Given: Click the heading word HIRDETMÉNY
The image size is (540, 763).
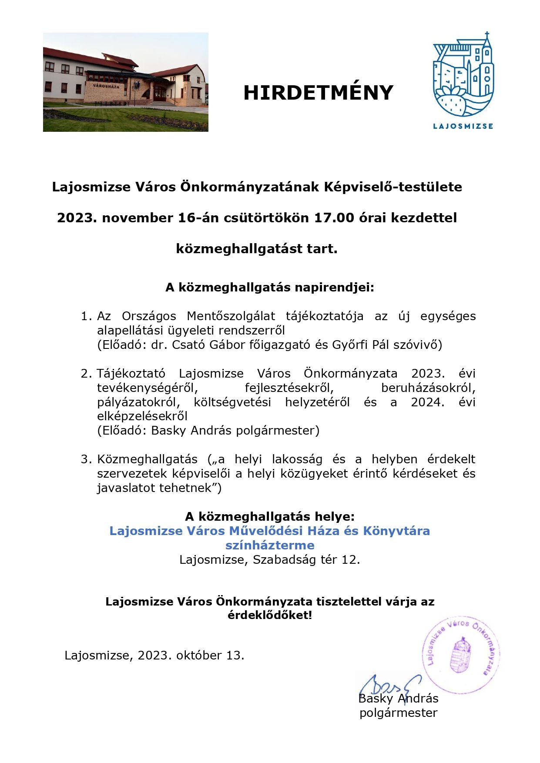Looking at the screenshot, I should point(318,93).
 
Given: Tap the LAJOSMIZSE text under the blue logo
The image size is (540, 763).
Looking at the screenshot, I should point(463,126).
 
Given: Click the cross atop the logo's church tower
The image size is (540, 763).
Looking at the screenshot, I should point(487,35).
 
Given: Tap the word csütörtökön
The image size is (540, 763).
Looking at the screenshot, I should point(266,218).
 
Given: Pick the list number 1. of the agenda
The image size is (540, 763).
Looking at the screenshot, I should point(87,316).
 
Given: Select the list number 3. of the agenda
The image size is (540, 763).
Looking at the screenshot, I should point(87,459).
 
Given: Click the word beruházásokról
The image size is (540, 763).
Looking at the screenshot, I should point(428,388).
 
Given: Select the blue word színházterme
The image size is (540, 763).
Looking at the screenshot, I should point(270,545).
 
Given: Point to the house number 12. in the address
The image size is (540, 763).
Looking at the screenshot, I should point(351,560).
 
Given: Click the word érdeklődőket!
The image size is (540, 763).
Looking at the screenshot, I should point(270,616).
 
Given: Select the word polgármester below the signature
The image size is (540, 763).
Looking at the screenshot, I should point(398,713).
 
